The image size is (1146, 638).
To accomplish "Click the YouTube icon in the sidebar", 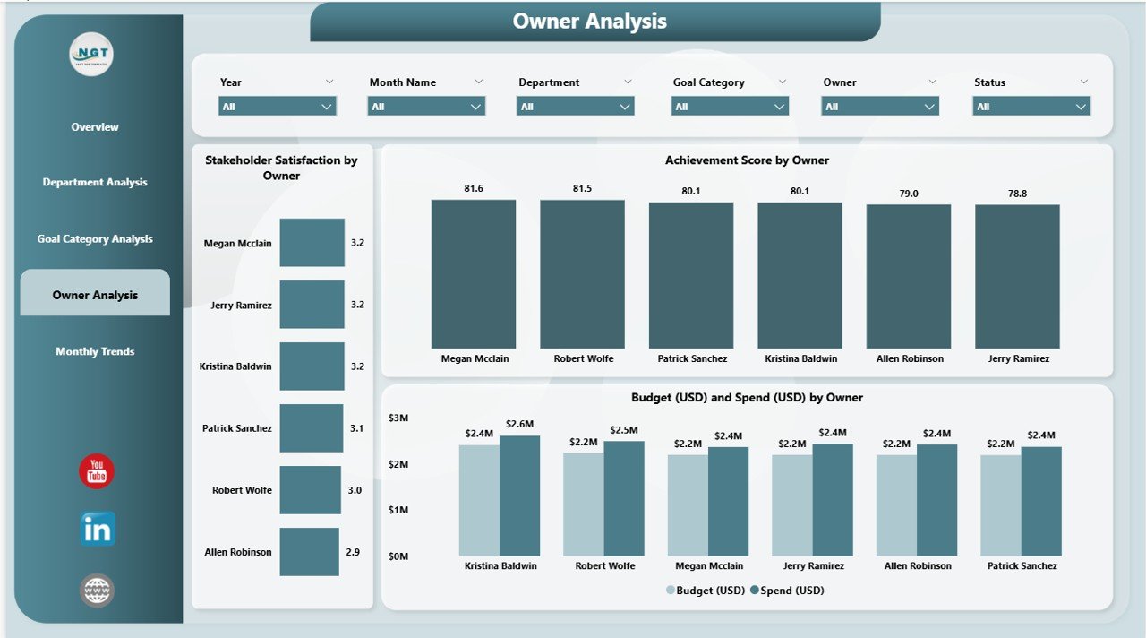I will coord(97,471).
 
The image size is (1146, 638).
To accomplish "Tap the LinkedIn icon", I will coord(97,530).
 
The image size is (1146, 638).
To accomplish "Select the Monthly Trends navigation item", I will coord(95,351).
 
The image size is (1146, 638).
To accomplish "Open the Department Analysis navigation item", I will coord(95,182).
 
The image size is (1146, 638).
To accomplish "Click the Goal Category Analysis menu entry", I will coord(95,239).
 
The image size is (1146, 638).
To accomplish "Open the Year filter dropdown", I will coord(278,107).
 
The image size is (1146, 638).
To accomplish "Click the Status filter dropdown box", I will coord(1031,107).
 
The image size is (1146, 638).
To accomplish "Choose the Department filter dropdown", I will coord(575,107).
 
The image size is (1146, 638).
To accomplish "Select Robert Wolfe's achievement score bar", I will coord(582,273).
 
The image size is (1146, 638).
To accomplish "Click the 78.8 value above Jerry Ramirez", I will coord(1017,194).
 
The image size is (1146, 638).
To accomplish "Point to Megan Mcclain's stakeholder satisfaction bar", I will coord(312,243).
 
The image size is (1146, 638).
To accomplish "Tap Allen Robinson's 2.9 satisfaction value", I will coord(353,552).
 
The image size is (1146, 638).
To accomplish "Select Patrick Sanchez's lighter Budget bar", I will coord(1000,505).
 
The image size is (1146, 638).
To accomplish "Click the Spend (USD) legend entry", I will coord(787,591).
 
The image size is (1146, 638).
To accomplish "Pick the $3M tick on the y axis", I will coord(398,418).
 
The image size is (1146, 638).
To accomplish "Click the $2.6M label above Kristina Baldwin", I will coord(519,424).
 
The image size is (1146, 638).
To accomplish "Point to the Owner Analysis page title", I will coord(590,22).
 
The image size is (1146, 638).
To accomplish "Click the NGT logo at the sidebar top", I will coord(91,56).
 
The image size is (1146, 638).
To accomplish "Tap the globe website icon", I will coord(97,591).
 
